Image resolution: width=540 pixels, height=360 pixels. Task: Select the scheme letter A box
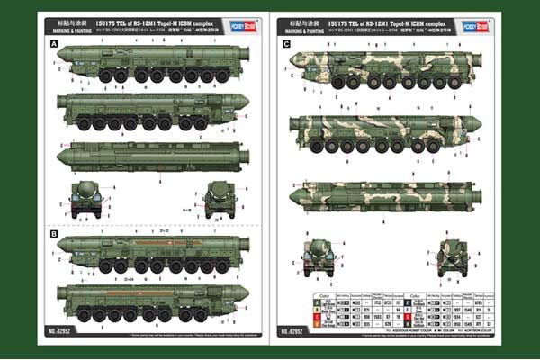55,43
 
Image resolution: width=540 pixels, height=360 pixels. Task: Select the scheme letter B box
55,234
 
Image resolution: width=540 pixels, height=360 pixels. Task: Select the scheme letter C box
287,43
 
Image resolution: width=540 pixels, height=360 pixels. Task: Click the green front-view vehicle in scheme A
86,199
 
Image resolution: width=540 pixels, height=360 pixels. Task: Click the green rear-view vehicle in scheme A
220,199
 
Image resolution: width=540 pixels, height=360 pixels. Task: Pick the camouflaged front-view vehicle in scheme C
319,257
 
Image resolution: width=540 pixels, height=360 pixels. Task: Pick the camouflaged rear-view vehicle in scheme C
452,257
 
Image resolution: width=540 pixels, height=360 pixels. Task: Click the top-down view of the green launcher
151,156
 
